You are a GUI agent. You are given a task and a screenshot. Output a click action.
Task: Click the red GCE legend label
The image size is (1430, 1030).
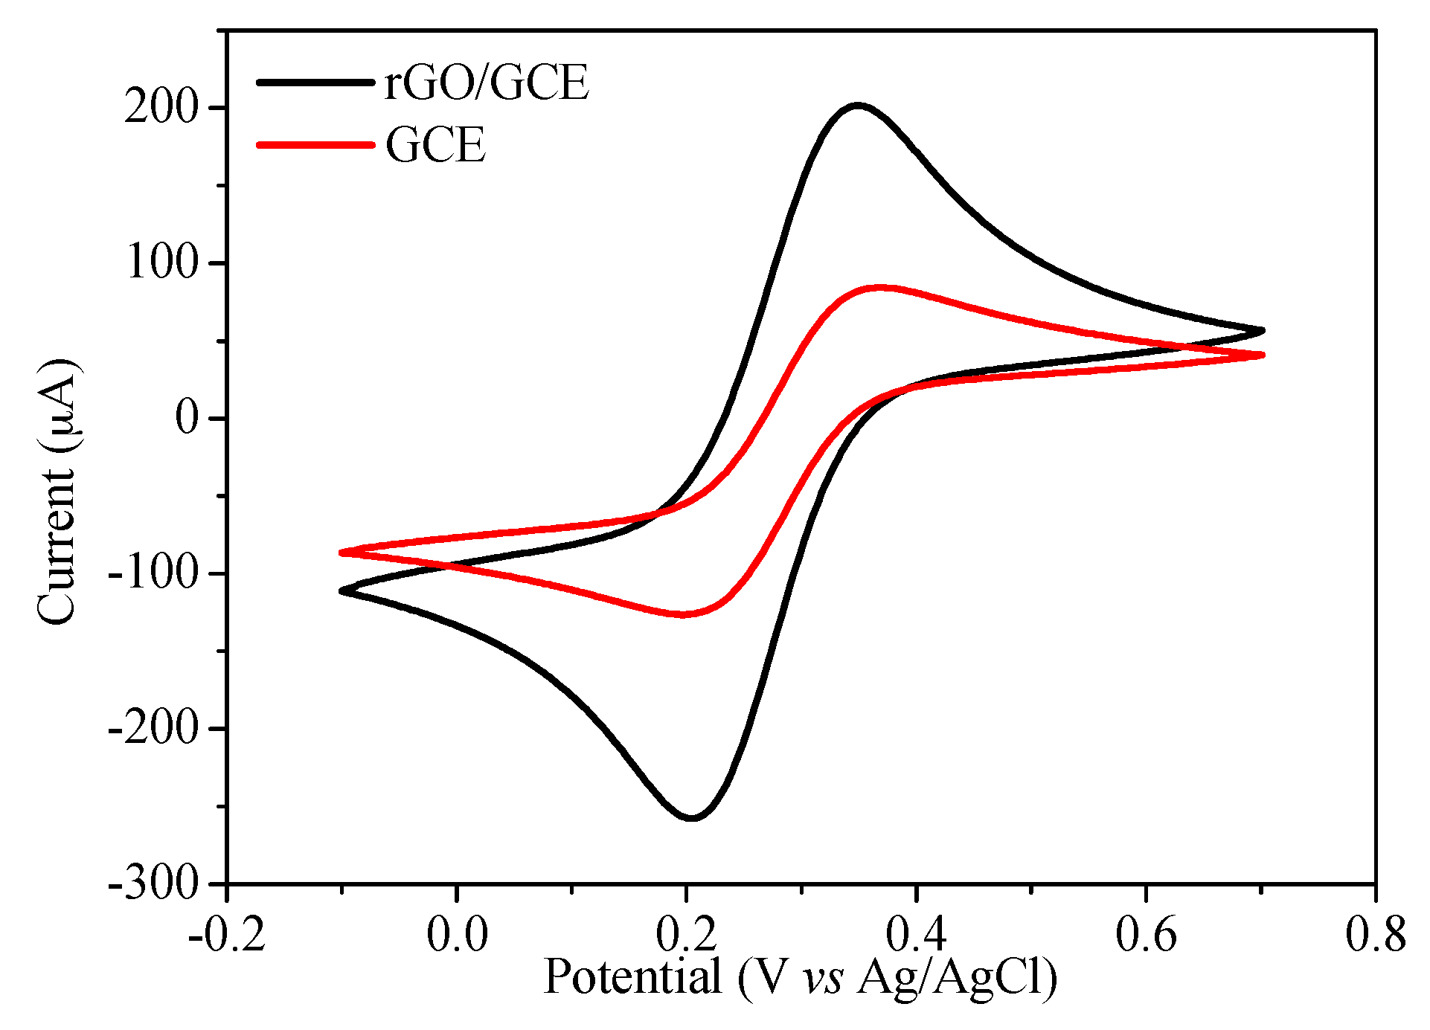tap(435, 144)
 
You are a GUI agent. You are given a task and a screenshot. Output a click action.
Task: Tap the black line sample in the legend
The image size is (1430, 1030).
tap(314, 82)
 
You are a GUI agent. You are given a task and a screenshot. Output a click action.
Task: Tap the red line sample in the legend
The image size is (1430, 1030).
tap(314, 144)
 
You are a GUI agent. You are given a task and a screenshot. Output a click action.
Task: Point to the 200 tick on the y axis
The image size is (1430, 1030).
tap(161, 109)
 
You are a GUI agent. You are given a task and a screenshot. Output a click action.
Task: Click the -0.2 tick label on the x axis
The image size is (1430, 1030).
tap(227, 933)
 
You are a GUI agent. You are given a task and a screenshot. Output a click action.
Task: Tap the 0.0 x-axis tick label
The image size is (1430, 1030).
tap(457, 933)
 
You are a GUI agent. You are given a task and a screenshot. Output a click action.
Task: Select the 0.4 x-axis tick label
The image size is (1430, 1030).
tap(916, 933)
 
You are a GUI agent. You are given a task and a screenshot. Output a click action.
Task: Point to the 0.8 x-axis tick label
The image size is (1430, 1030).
tap(1375, 933)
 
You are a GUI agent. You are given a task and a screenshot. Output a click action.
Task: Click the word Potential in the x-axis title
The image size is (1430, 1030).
tap(633, 976)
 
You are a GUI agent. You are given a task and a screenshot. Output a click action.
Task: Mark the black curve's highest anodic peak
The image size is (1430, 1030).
tap(858, 106)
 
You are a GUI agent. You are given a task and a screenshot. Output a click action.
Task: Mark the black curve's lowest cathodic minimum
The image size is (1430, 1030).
tap(692, 818)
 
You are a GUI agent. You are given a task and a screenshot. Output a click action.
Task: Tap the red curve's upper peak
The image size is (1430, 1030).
tap(880, 287)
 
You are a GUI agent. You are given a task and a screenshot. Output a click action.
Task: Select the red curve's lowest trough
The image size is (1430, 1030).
tap(683, 614)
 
